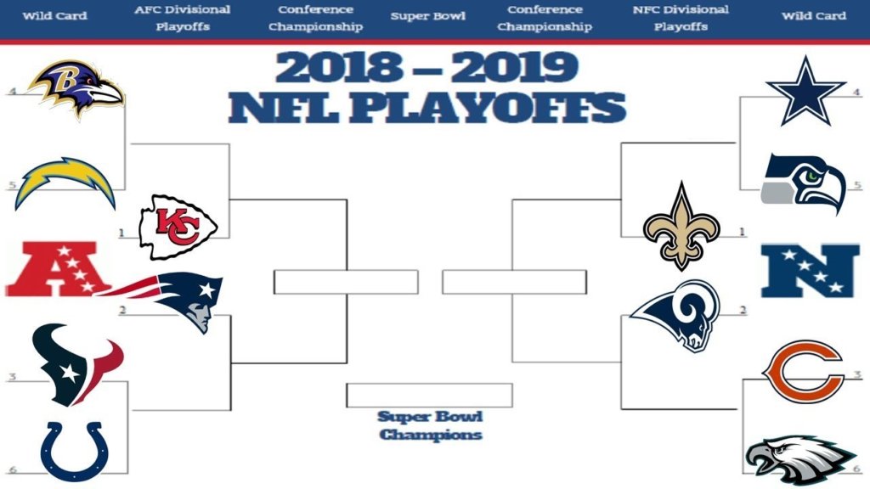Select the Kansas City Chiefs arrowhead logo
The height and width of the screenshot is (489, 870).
[x=178, y=227]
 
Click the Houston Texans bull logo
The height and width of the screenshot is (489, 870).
[x=76, y=364]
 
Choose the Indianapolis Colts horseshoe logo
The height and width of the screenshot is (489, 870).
[x=75, y=452]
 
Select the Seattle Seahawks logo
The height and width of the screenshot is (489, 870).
[x=803, y=183]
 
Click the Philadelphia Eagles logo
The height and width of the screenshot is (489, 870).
[x=799, y=460]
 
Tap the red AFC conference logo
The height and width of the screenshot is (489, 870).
[x=55, y=269]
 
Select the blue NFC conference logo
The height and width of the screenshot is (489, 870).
[x=810, y=271]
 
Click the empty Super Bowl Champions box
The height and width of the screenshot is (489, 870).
[x=429, y=396]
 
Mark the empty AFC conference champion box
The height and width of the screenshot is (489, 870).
[x=346, y=282]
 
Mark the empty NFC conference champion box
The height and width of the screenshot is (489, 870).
[x=514, y=282]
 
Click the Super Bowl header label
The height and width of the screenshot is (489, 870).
[x=428, y=16]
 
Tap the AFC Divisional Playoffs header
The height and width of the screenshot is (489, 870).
[x=183, y=18]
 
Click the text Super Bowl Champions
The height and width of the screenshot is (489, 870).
[x=430, y=426]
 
